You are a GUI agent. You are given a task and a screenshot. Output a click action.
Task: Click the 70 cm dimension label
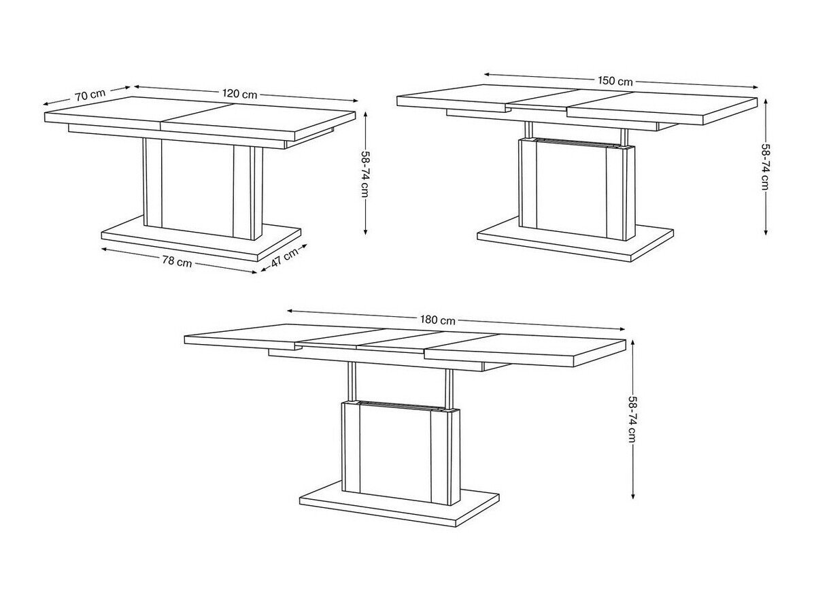[x=90, y=95]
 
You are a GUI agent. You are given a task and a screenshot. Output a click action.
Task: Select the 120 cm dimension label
[x=240, y=94]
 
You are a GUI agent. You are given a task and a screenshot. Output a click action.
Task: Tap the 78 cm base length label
[x=177, y=262]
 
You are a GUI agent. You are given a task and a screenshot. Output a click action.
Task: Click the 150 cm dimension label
[x=615, y=81]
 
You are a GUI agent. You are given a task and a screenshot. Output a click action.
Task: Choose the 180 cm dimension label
[x=437, y=320]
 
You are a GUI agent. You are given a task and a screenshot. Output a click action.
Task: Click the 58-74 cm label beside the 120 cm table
[x=365, y=174]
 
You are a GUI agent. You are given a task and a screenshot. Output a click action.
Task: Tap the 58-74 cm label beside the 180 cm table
[x=632, y=419]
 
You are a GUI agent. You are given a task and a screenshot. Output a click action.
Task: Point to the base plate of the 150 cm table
[x=575, y=239]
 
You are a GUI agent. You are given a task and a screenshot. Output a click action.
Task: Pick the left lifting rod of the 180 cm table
[x=352, y=382]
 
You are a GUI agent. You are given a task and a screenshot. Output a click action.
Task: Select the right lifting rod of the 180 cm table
[x=449, y=390]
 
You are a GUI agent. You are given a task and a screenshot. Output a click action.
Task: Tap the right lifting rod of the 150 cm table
[x=624, y=137]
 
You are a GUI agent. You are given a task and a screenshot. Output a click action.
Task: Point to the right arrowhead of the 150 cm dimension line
[x=755, y=87]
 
